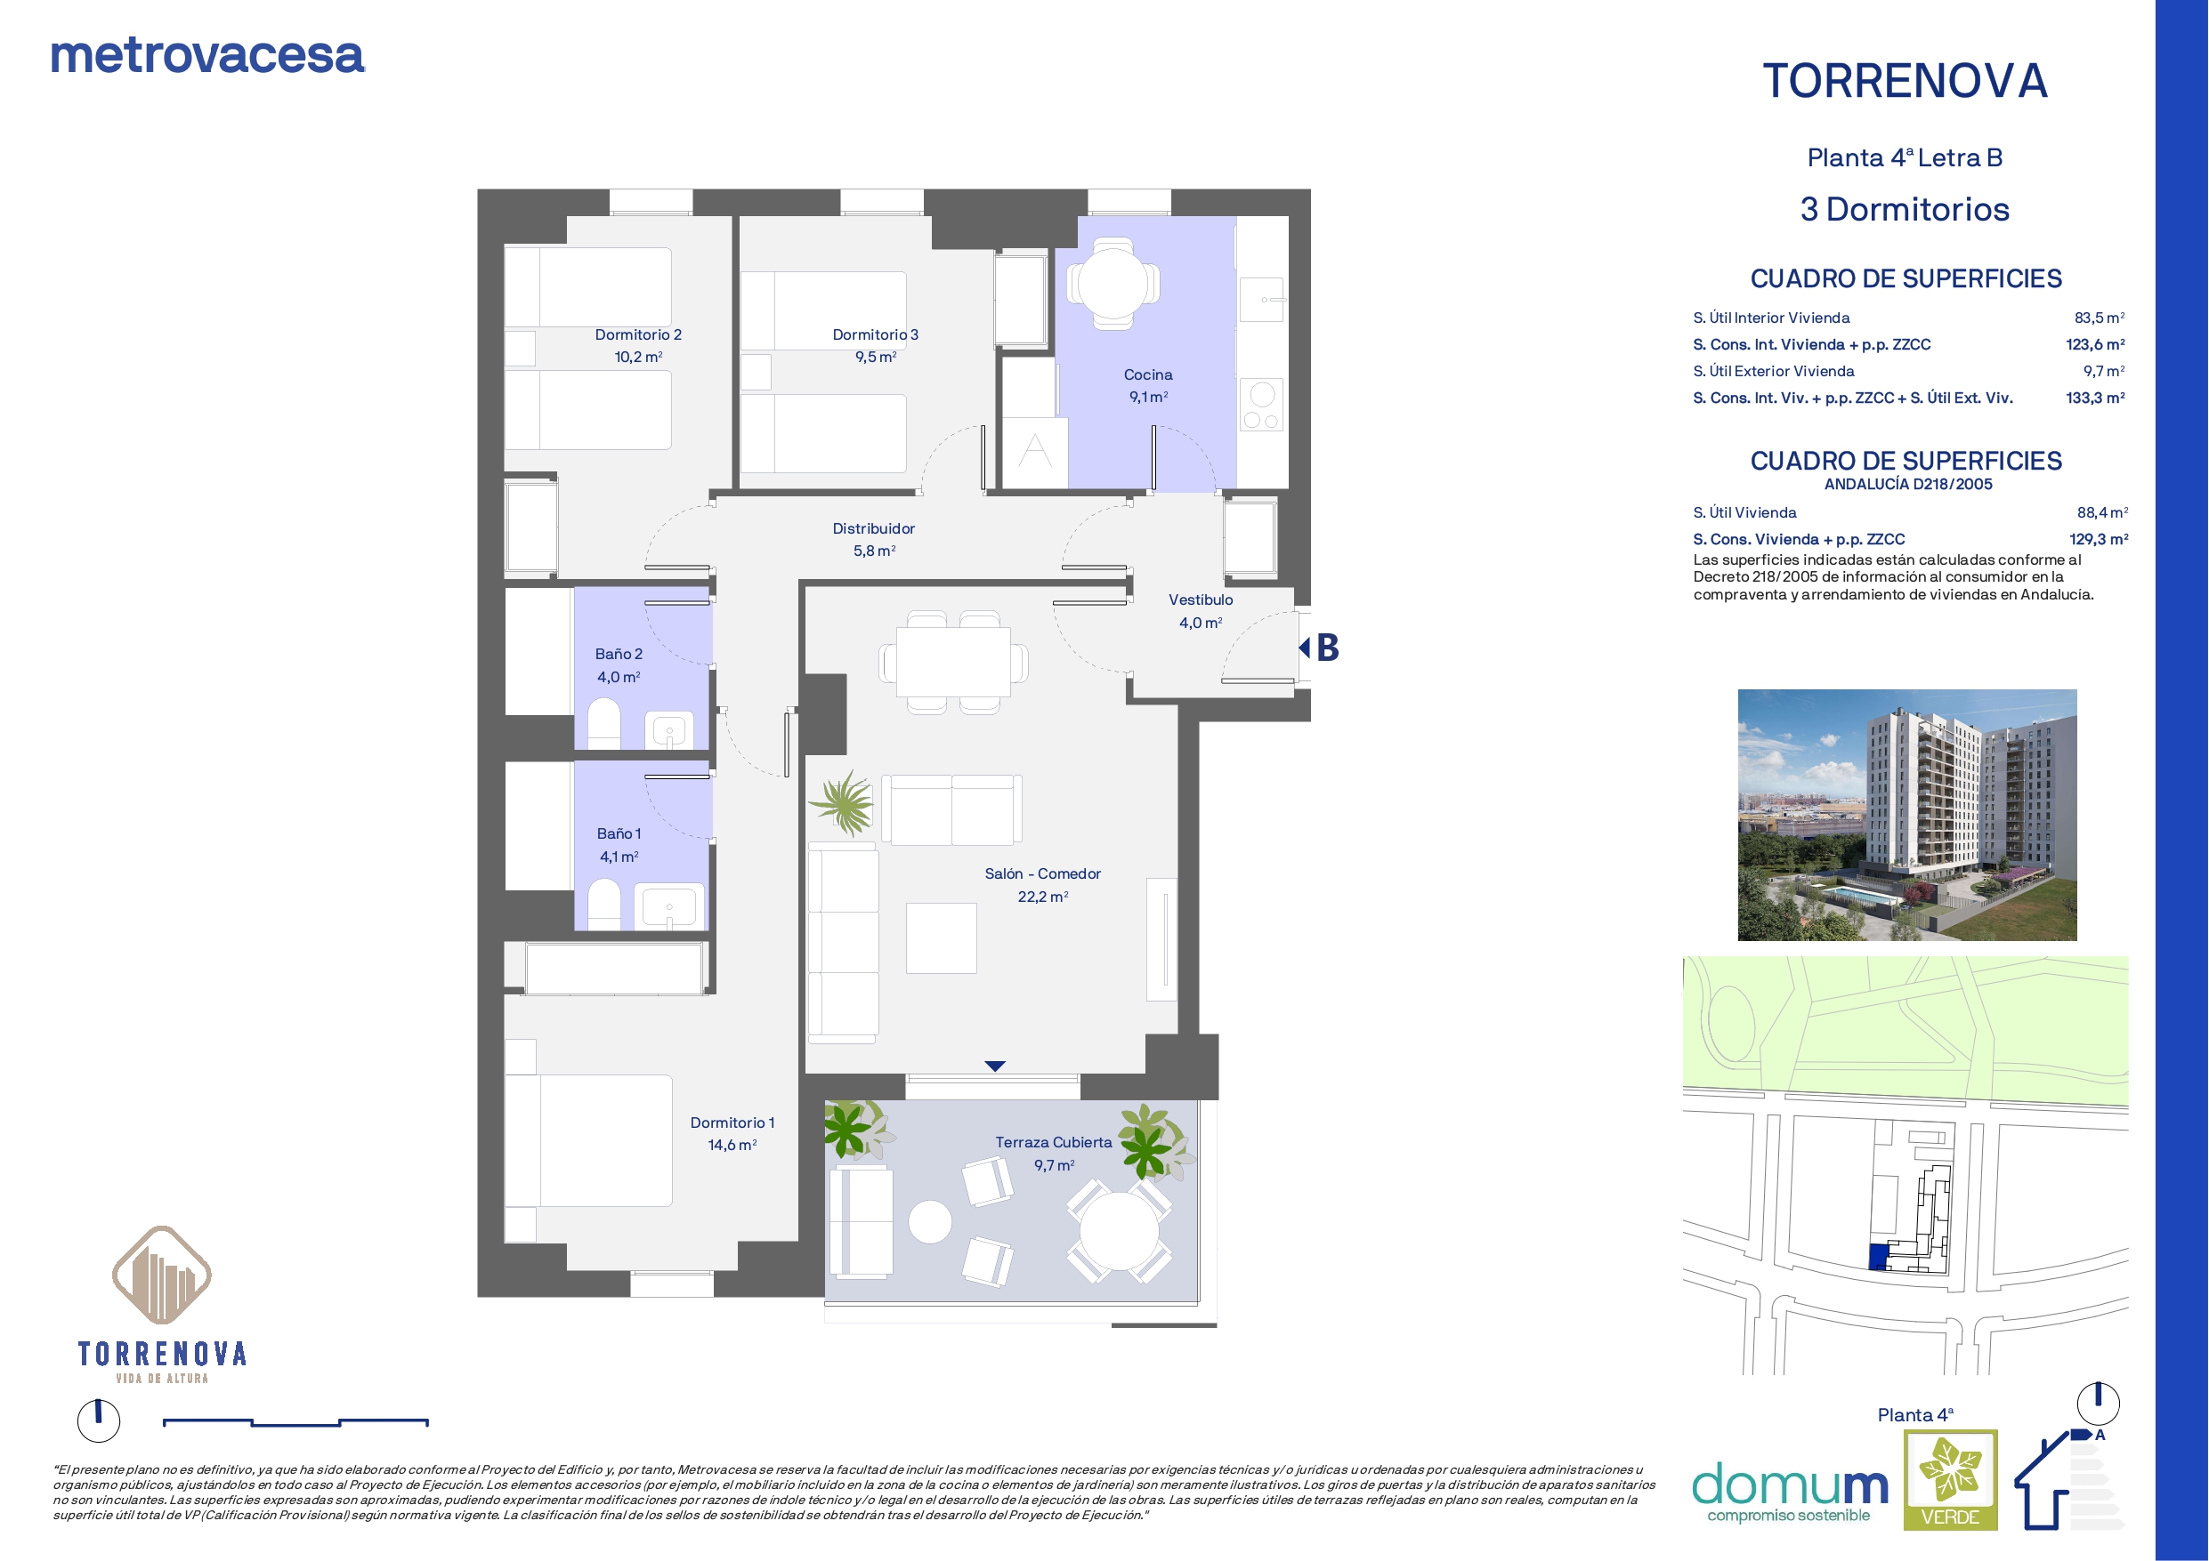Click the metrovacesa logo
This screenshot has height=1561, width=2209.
click(206, 56)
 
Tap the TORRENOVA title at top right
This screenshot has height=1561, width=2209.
click(1905, 81)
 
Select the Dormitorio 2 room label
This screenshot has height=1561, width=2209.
click(638, 334)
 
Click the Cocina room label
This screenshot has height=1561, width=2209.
click(1148, 375)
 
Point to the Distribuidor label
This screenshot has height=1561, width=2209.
click(874, 529)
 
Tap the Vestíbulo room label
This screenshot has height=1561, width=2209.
click(1201, 600)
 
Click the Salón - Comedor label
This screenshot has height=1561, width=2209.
click(1043, 874)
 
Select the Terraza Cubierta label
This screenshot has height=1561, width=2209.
click(1054, 1143)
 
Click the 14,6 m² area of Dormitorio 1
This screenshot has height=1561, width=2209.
click(732, 1146)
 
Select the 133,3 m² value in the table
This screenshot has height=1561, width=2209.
click(2095, 398)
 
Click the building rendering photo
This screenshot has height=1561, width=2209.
click(1907, 815)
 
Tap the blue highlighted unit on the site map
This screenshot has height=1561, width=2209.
click(1878, 1257)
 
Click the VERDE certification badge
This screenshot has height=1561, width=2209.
click(1951, 1480)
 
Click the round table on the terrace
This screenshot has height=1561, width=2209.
click(1119, 1232)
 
